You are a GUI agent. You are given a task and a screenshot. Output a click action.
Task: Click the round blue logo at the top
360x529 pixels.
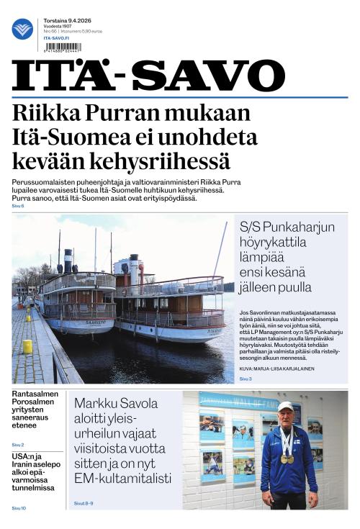[22, 28]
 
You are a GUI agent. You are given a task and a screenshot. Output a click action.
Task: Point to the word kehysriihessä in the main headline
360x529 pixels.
[154, 160]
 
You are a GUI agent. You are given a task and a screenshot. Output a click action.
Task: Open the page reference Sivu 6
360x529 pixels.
[18, 206]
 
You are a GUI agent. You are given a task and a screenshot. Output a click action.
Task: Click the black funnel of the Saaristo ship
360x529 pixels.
[68, 261]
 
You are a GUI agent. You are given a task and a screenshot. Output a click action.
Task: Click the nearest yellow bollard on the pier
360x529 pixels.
[27, 346]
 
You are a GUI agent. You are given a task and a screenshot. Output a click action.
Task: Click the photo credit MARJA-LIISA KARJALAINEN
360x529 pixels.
[288, 368]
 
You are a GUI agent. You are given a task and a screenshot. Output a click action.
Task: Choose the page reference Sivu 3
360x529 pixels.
[246, 378]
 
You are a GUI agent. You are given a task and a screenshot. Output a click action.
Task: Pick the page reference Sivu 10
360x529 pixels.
[19, 508]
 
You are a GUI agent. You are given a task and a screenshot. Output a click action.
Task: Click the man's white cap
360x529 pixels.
[286, 407]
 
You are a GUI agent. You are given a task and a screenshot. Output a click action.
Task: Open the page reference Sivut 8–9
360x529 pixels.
[84, 503]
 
